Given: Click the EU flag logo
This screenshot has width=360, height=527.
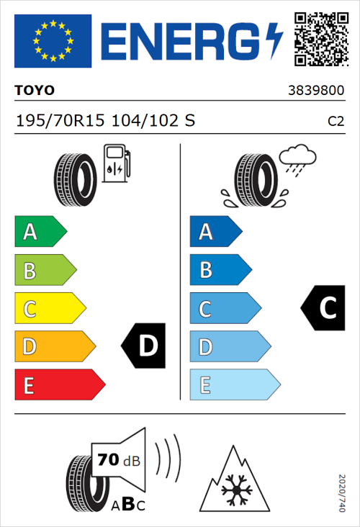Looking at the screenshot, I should pyautogui.click(x=53, y=41).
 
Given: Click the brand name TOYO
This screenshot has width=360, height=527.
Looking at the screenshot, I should pyautogui.click(x=35, y=91).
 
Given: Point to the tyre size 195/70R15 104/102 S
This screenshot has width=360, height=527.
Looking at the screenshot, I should pyautogui.click(x=105, y=120).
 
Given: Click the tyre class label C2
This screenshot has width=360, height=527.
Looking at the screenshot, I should pyautogui.click(x=336, y=121).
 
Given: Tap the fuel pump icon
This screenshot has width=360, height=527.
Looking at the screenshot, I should pyautogui.click(x=116, y=163).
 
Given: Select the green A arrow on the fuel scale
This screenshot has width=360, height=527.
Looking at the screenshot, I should pyautogui.click(x=40, y=232).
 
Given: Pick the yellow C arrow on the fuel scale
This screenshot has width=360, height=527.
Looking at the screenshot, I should pyautogui.click(x=49, y=309).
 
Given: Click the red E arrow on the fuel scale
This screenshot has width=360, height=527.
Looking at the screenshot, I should pyautogui.click(x=59, y=385).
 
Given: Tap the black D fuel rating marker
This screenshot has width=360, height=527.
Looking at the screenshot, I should pyautogui.click(x=145, y=346).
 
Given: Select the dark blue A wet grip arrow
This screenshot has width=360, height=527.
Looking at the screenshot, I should pyautogui.click(x=215, y=232).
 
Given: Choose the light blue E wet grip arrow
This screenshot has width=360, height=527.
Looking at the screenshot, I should pyautogui.click(x=234, y=385).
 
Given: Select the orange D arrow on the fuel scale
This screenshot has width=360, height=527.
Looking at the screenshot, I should pyautogui.click(x=54, y=347).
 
